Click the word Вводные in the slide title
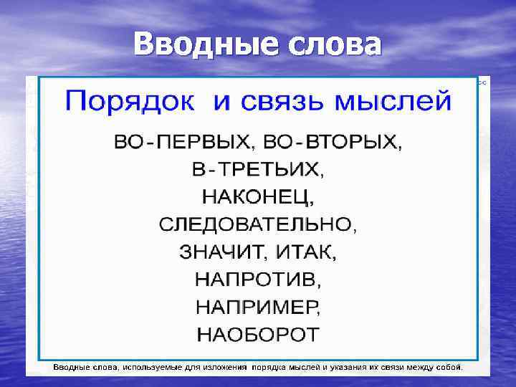coord(201,44)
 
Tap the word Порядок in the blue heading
coord(130,101)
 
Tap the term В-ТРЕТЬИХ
coord(257,170)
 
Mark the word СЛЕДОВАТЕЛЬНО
coord(254,224)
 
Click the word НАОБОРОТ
coord(257,333)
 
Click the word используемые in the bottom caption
coord(152,367)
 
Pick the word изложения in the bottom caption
coord(224,367)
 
